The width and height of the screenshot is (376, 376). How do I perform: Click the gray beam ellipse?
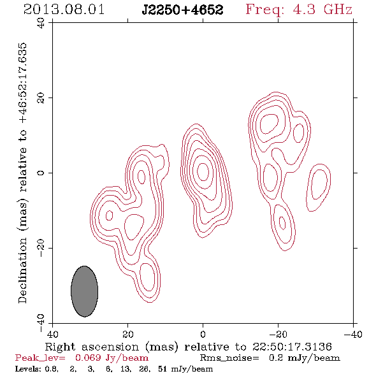(84, 291)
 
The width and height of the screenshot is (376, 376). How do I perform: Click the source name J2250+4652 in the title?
(182, 10)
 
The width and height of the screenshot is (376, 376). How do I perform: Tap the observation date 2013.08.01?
(64, 10)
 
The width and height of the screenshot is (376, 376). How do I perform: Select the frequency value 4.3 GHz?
(322, 10)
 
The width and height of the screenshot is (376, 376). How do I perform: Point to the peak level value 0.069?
(88, 358)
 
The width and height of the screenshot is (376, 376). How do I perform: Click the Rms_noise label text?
(229, 358)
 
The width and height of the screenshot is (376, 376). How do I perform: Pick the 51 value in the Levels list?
(163, 368)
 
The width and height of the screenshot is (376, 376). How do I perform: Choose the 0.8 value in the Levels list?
(52, 368)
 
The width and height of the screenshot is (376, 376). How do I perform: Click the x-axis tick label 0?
(203, 335)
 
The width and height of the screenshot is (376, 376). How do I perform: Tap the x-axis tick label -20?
(278, 335)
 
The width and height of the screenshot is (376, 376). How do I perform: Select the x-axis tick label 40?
(52, 335)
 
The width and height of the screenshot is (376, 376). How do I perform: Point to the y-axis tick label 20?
(41, 98)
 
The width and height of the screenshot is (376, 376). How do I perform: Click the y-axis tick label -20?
(41, 248)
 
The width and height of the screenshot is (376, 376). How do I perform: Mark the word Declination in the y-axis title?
(22, 271)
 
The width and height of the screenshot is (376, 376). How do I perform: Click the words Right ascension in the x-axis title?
(92, 347)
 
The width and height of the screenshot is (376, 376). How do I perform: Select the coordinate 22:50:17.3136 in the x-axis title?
(292, 347)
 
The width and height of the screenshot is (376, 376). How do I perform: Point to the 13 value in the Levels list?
(126, 368)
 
